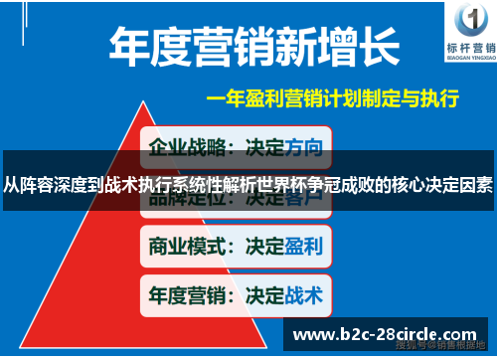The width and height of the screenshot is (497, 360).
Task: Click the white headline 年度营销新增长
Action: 254,46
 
